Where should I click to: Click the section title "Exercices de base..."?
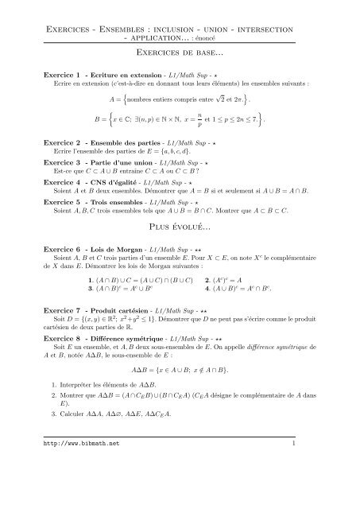tap(179, 52)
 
